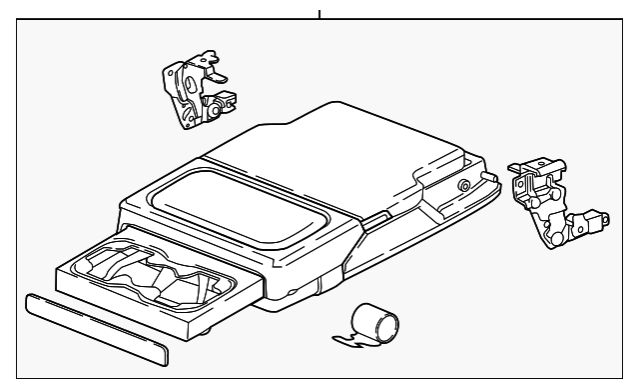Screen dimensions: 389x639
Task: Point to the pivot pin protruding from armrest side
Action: [x=488, y=177]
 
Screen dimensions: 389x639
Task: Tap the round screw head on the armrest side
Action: [x=464, y=185]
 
